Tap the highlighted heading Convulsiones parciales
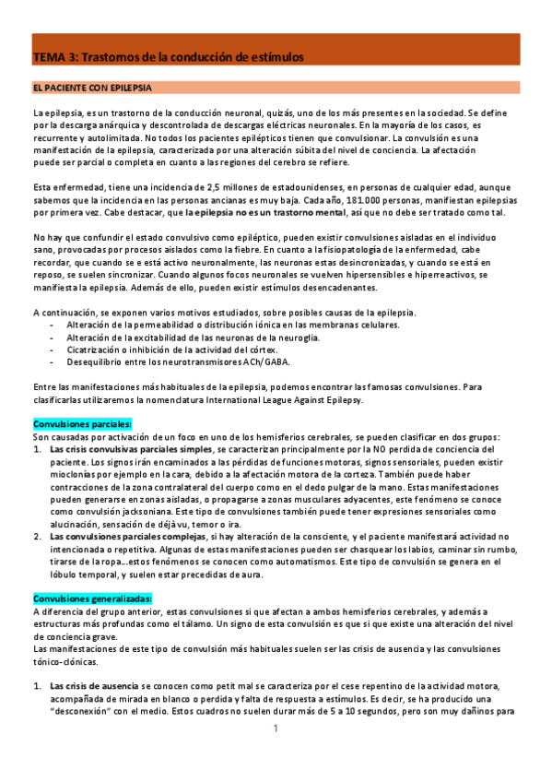(83, 423)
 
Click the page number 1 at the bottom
(276, 729)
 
